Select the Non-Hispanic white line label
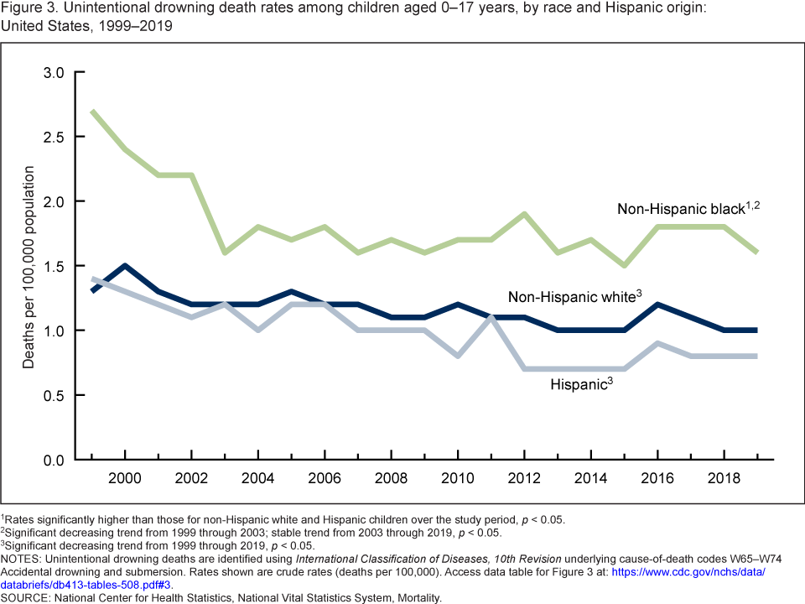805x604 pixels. [573, 297]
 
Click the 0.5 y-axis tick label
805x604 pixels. [54, 395]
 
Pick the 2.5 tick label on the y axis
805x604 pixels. [54, 137]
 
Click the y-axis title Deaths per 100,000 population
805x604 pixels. [29, 267]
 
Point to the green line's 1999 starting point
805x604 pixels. [92, 112]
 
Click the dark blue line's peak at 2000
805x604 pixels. [125, 266]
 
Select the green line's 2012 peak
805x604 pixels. [524, 214]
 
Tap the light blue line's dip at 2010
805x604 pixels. [458, 356]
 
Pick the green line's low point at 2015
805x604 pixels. [624, 266]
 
